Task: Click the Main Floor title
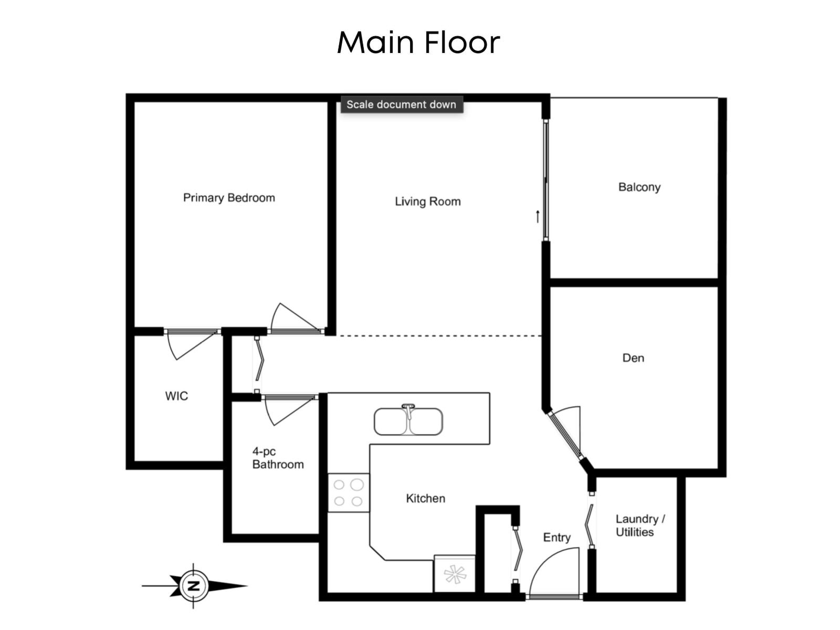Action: pos(418,42)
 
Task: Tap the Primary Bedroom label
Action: pos(229,198)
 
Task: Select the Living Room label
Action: pos(427,202)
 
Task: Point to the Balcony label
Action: pos(639,187)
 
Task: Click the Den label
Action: pos(633,358)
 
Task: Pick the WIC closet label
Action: pos(176,396)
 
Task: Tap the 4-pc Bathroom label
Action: pos(278,458)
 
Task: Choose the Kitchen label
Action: pos(425,498)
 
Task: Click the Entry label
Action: pos(556,538)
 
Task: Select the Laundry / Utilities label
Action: pos(639,526)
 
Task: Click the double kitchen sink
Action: pos(408,422)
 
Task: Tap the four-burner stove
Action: pos(349,492)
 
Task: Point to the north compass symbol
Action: pos(194,586)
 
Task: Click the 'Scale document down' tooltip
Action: pos(401,104)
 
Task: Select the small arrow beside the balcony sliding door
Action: pos(538,216)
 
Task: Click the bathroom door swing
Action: pos(288,408)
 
